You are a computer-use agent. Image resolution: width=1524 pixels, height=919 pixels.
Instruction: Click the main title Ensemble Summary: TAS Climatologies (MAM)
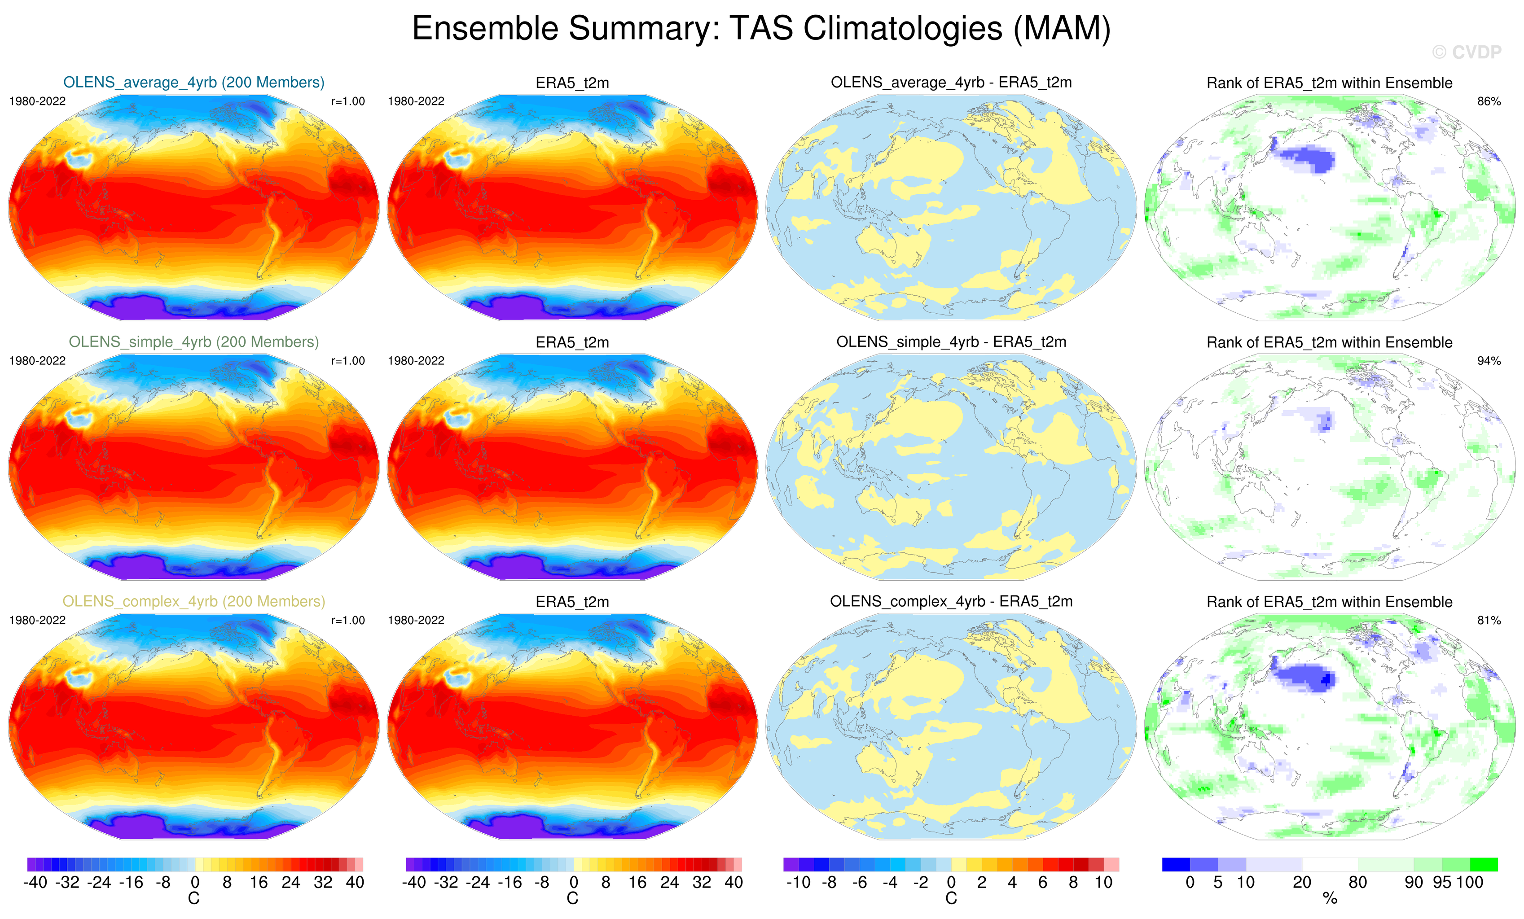761,28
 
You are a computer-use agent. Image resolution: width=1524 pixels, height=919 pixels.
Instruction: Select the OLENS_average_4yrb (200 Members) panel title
193,82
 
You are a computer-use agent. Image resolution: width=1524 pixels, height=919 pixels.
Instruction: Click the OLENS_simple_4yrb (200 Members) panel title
193,342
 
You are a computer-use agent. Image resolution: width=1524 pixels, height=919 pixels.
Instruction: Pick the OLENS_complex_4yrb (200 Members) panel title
193,601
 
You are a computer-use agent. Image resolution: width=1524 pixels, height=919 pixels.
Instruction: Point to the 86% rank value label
1489,101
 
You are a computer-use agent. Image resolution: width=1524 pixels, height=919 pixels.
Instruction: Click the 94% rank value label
1489,360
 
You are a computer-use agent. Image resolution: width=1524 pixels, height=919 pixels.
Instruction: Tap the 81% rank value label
1489,620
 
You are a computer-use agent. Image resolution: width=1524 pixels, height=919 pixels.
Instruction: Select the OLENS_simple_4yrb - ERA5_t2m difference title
951,342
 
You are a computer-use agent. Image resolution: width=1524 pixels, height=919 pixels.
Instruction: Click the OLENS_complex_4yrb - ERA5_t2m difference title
951,601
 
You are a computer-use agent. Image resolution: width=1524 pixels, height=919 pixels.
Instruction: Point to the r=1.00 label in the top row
347,101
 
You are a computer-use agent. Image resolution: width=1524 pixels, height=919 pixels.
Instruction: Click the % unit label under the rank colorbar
1330,899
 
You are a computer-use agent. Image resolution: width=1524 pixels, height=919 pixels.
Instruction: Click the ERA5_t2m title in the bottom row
572,602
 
